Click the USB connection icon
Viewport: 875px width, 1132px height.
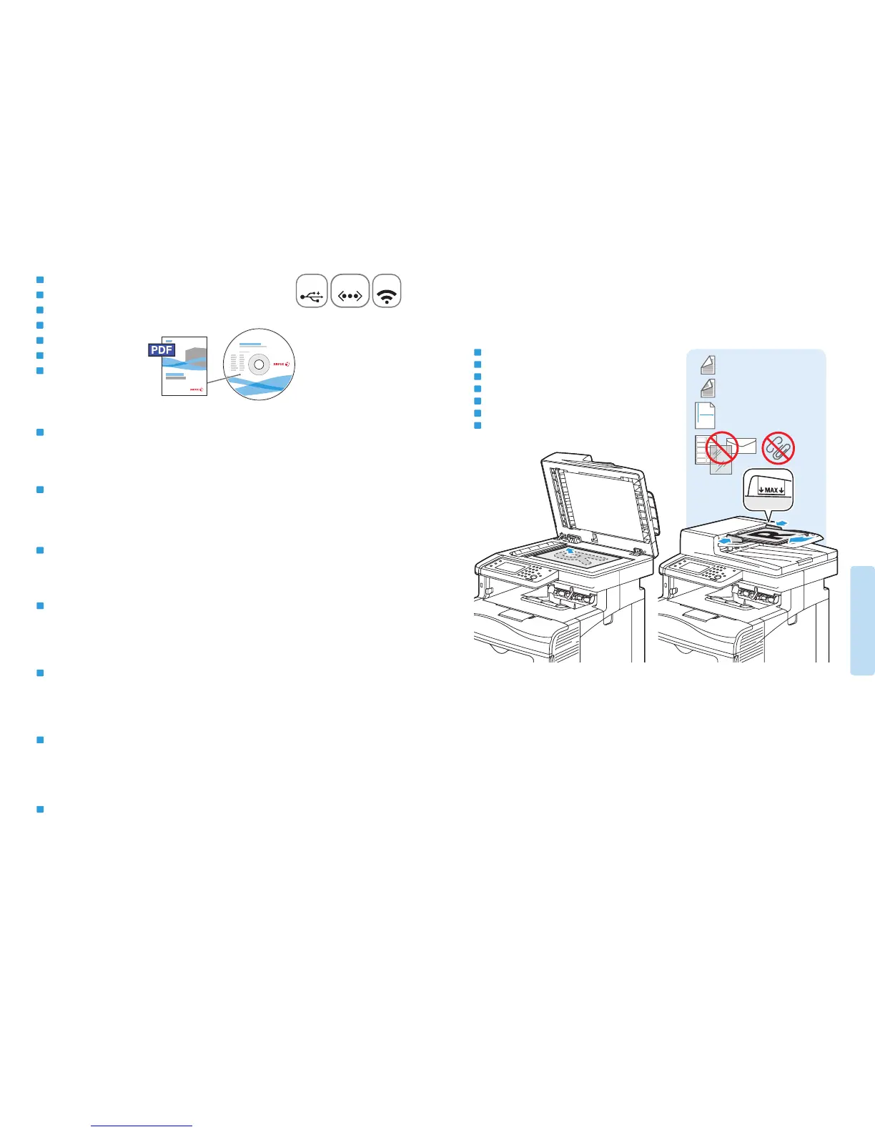tap(312, 292)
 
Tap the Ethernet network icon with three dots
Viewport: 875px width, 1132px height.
tap(350, 292)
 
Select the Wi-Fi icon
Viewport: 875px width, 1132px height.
tap(387, 292)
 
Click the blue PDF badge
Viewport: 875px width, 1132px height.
tap(162, 349)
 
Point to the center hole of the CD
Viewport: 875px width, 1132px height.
tap(259, 364)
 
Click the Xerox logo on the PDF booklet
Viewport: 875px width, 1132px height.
tap(195, 390)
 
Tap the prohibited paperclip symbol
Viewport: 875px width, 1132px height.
tap(778, 447)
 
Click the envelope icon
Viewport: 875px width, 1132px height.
tap(741, 446)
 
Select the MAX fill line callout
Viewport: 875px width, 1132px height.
tap(768, 490)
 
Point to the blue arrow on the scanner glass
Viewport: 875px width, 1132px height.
tap(570, 551)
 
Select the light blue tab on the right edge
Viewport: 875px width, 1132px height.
tap(863, 620)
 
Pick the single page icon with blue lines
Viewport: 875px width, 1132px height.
tap(705, 415)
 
